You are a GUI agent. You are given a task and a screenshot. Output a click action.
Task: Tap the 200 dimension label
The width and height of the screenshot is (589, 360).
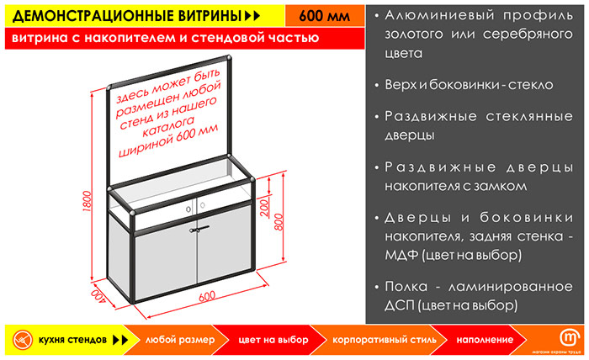click(263, 204)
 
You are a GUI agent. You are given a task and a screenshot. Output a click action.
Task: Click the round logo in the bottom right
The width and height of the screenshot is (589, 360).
click(568, 335)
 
